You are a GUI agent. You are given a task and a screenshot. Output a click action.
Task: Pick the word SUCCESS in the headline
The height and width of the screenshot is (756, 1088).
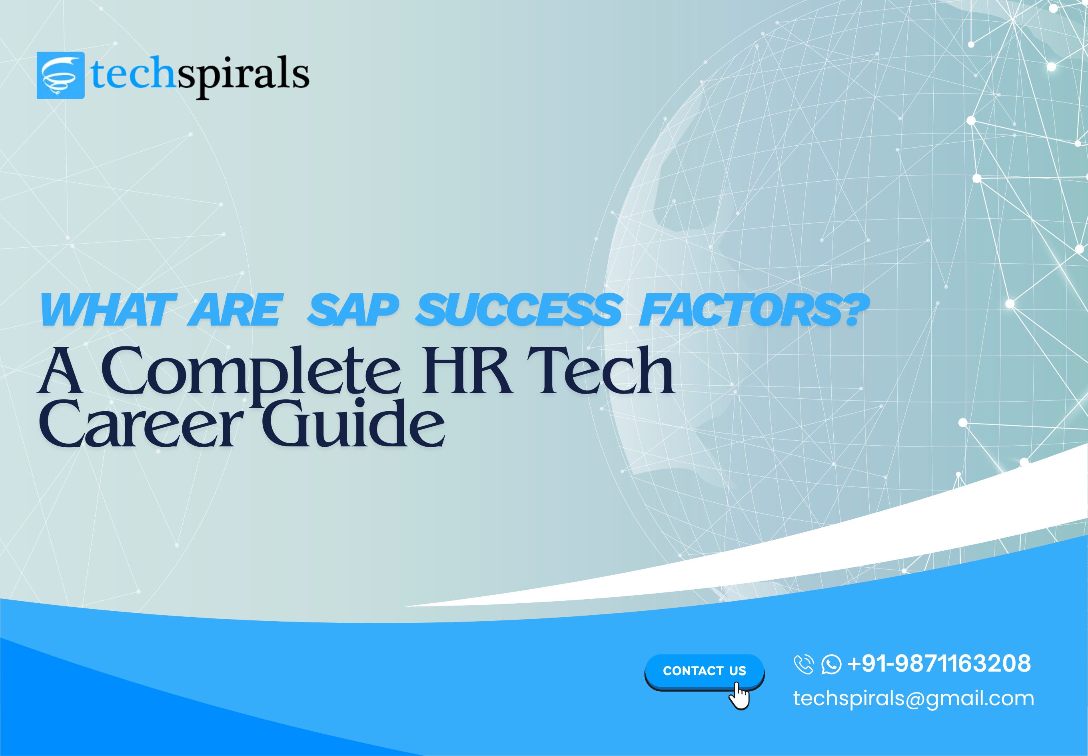tap(518, 310)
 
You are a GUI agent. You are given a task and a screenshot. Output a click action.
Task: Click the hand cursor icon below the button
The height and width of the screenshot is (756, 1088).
tap(739, 695)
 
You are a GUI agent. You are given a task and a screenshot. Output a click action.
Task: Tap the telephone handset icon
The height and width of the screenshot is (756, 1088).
tap(803, 664)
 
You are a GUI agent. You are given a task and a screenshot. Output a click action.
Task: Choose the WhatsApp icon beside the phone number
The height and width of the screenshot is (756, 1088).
tap(831, 664)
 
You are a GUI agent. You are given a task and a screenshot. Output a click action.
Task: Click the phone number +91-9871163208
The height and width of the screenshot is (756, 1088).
tap(938, 663)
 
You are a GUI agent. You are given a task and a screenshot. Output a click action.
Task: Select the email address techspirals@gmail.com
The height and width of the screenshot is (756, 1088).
tap(913, 698)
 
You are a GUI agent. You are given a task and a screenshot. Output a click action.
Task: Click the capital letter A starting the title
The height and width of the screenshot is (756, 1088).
tap(59, 372)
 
